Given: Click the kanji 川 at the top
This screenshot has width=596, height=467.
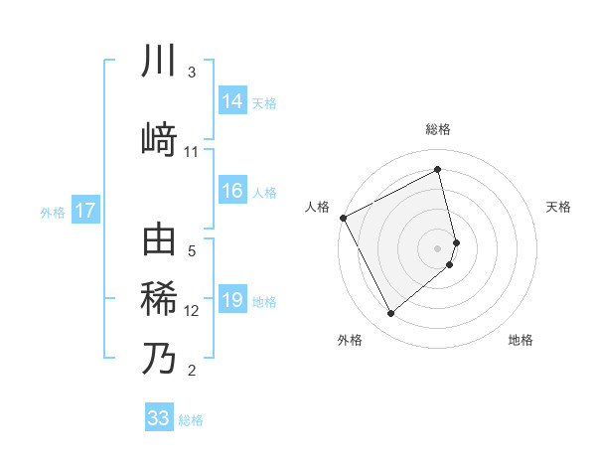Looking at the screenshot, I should [x=159, y=62].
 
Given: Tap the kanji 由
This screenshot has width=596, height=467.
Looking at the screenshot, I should [x=159, y=241].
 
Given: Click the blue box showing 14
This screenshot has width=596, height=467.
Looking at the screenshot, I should [x=232, y=101].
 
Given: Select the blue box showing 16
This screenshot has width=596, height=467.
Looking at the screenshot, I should [x=232, y=191].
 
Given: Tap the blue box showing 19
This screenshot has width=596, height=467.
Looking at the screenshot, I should [x=232, y=300].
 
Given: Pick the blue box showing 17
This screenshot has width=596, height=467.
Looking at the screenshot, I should [x=84, y=211].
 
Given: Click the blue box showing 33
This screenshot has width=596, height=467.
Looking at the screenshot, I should [x=158, y=418].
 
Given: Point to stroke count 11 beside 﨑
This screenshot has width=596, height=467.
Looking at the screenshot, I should [x=192, y=152].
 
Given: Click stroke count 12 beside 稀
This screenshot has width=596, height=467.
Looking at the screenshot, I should [x=192, y=311].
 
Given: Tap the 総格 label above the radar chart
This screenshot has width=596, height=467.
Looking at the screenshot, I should [x=438, y=129].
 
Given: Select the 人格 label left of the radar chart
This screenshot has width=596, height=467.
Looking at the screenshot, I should [x=318, y=207].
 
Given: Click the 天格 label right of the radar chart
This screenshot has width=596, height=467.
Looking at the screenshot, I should [x=559, y=207].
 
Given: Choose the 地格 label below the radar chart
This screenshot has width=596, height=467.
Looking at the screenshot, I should [x=521, y=340].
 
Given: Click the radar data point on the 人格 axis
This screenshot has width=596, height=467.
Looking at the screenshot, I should [x=343, y=218].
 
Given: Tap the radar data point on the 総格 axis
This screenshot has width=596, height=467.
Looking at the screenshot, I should [x=438, y=170].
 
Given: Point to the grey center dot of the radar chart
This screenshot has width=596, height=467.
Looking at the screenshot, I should [x=438, y=247].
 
